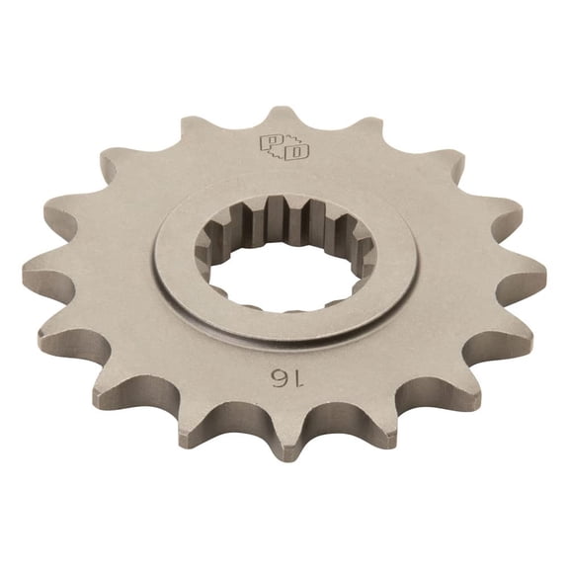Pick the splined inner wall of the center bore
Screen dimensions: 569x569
click(x=286, y=222)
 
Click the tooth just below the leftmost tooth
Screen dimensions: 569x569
click(x=54, y=339)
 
